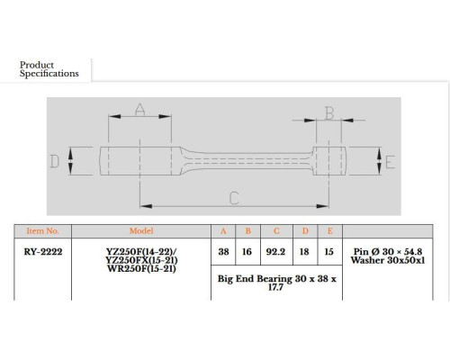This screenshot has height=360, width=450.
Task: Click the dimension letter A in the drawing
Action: tap(140, 109)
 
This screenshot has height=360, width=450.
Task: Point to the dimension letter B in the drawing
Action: tap(329, 113)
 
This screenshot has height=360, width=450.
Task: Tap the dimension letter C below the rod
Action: tap(234, 198)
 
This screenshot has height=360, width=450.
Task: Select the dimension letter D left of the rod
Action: tap(55, 161)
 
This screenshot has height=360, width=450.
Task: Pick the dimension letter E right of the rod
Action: tap(390, 162)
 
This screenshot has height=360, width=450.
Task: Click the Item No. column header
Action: tap(42, 231)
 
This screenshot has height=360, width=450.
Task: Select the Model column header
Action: tap(141, 231)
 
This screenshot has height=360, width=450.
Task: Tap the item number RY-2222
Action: tap(43, 252)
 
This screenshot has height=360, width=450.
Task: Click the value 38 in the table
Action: tap(223, 252)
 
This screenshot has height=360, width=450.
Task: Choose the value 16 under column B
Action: tap(247, 252)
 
